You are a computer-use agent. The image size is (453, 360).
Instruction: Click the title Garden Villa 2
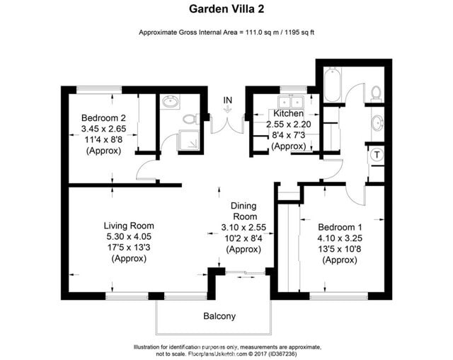[x=226, y=9]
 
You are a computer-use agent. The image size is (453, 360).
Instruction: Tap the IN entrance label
[x=227, y=101]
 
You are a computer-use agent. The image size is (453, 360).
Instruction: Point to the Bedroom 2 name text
[x=103, y=117]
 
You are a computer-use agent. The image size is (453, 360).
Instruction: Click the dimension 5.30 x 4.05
[x=129, y=237]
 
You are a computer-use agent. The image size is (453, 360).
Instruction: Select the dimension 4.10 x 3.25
[x=342, y=238]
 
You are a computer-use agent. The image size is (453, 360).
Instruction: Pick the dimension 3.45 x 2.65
[x=103, y=129]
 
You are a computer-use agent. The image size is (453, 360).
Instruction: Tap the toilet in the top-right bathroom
[x=375, y=92]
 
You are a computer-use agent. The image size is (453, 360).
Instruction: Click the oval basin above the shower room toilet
[x=170, y=103]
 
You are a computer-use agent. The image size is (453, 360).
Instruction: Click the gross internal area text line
[x=226, y=33]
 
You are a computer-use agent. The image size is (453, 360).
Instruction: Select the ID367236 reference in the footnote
[x=299, y=354]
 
